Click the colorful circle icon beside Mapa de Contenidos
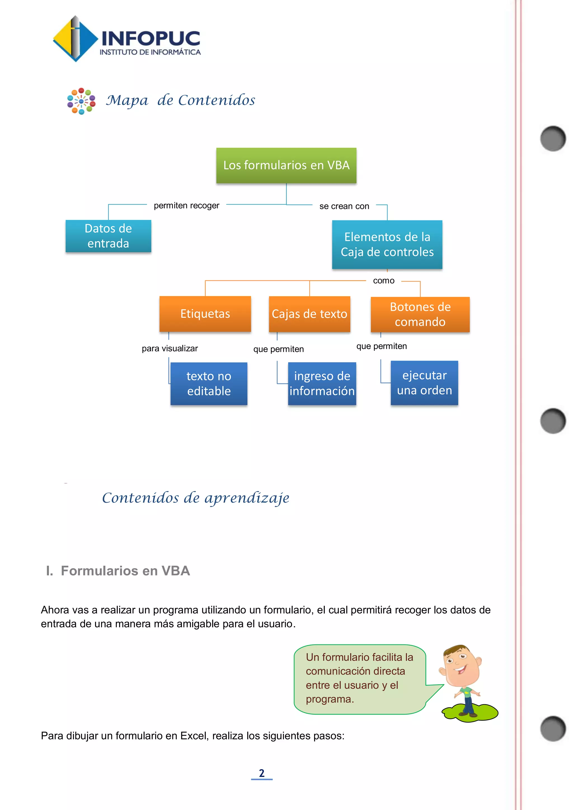click(81, 101)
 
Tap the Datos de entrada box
click(108, 236)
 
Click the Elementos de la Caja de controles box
click(387, 244)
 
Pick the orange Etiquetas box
click(205, 314)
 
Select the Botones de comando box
click(420, 314)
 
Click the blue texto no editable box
click(209, 383)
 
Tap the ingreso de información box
click(322, 383)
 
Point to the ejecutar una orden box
click(424, 383)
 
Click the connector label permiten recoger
click(186, 205)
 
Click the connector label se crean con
click(344, 206)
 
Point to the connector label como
click(384, 281)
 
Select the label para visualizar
click(170, 349)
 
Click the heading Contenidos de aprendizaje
click(196, 498)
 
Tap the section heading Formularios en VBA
click(125, 571)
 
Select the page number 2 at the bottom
click(261, 773)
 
